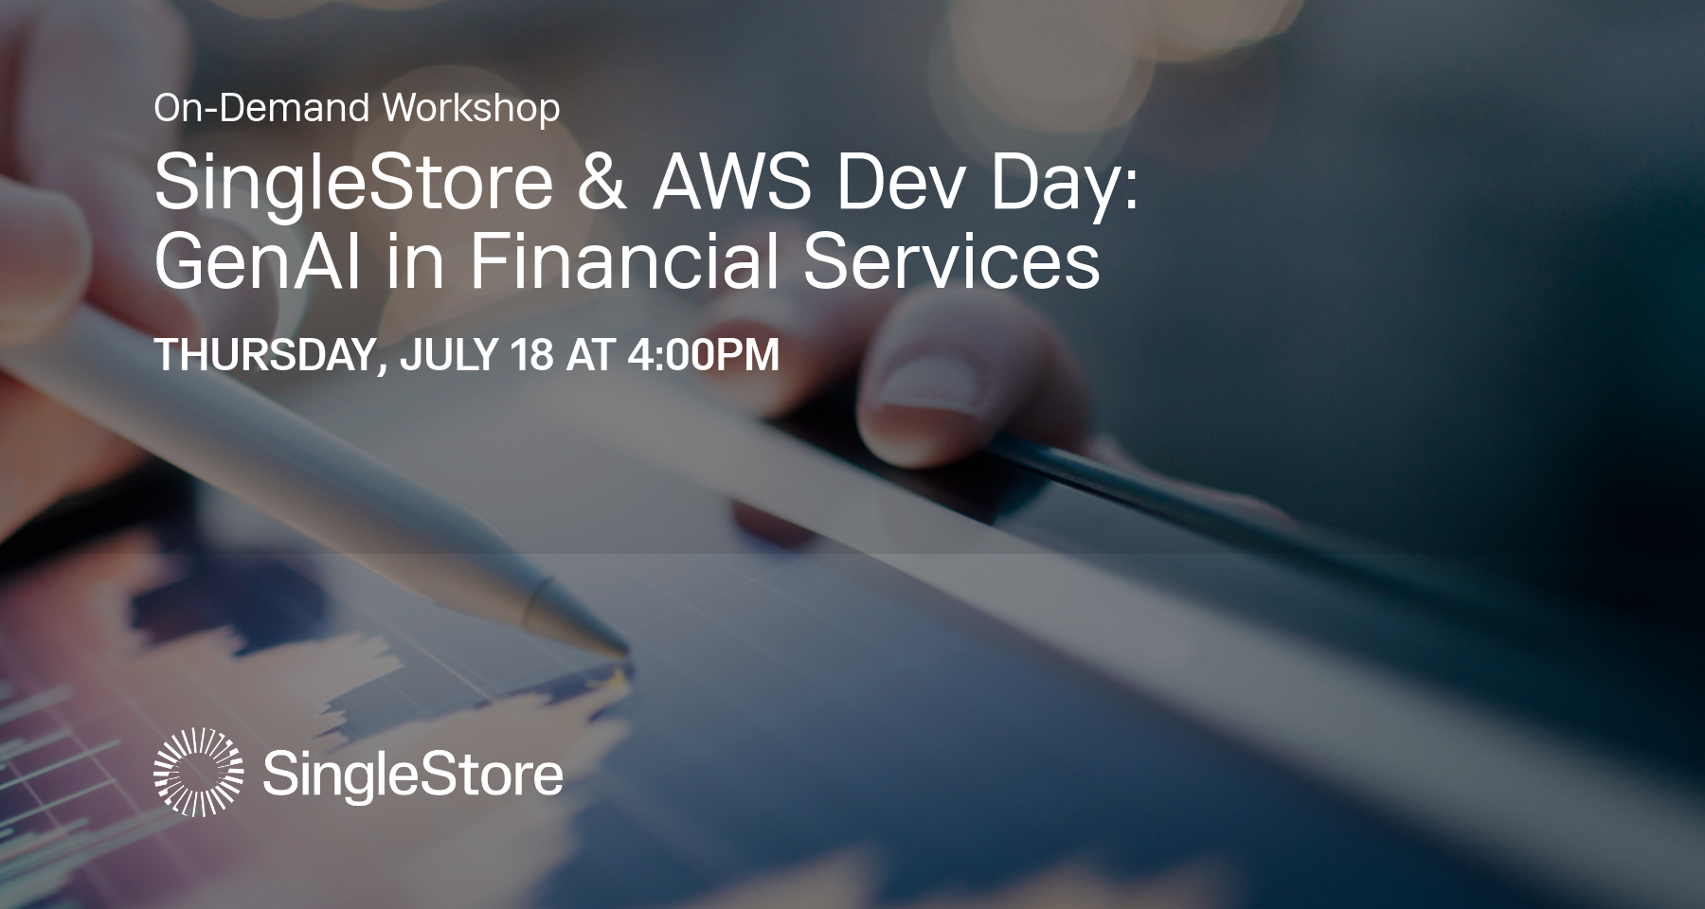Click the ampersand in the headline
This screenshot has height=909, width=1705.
601,182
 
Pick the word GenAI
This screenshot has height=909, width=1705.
257,261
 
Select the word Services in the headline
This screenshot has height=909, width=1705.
951,261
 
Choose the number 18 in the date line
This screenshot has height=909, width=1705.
530,355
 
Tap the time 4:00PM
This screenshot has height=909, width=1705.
703,355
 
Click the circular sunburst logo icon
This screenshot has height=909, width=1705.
198,772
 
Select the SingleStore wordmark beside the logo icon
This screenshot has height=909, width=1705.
413,775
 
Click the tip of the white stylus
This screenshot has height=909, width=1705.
620,651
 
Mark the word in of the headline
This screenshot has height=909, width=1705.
415,261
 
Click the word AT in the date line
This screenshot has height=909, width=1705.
589,355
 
